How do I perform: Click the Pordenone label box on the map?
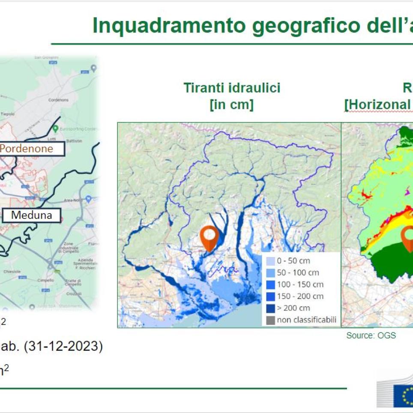tap(32, 149)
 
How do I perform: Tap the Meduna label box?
tap(31, 215)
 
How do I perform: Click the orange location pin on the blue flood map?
tap(209, 238)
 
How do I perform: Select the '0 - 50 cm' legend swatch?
tap(270, 261)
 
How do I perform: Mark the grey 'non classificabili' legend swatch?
tap(270, 320)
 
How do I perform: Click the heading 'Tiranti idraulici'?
tap(232, 88)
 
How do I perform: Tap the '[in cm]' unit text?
tap(231, 105)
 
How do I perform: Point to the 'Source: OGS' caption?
tap(371, 335)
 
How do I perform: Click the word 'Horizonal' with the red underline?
tap(373, 105)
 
